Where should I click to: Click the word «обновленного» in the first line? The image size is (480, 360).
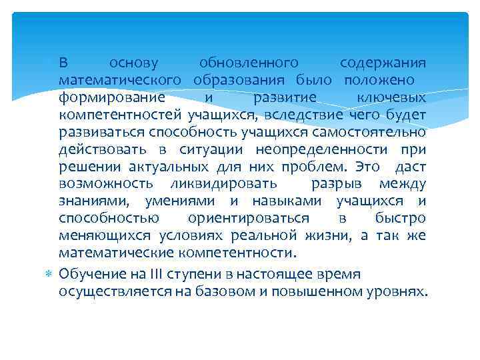(249, 63)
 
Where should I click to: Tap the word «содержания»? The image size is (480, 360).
(383, 63)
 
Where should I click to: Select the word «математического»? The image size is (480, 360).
(121, 81)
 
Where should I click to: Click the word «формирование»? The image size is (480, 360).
(101, 98)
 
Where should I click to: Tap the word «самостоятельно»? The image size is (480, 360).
(367, 132)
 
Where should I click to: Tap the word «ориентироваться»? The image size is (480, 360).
(248, 218)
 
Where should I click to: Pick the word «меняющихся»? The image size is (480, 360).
(105, 235)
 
